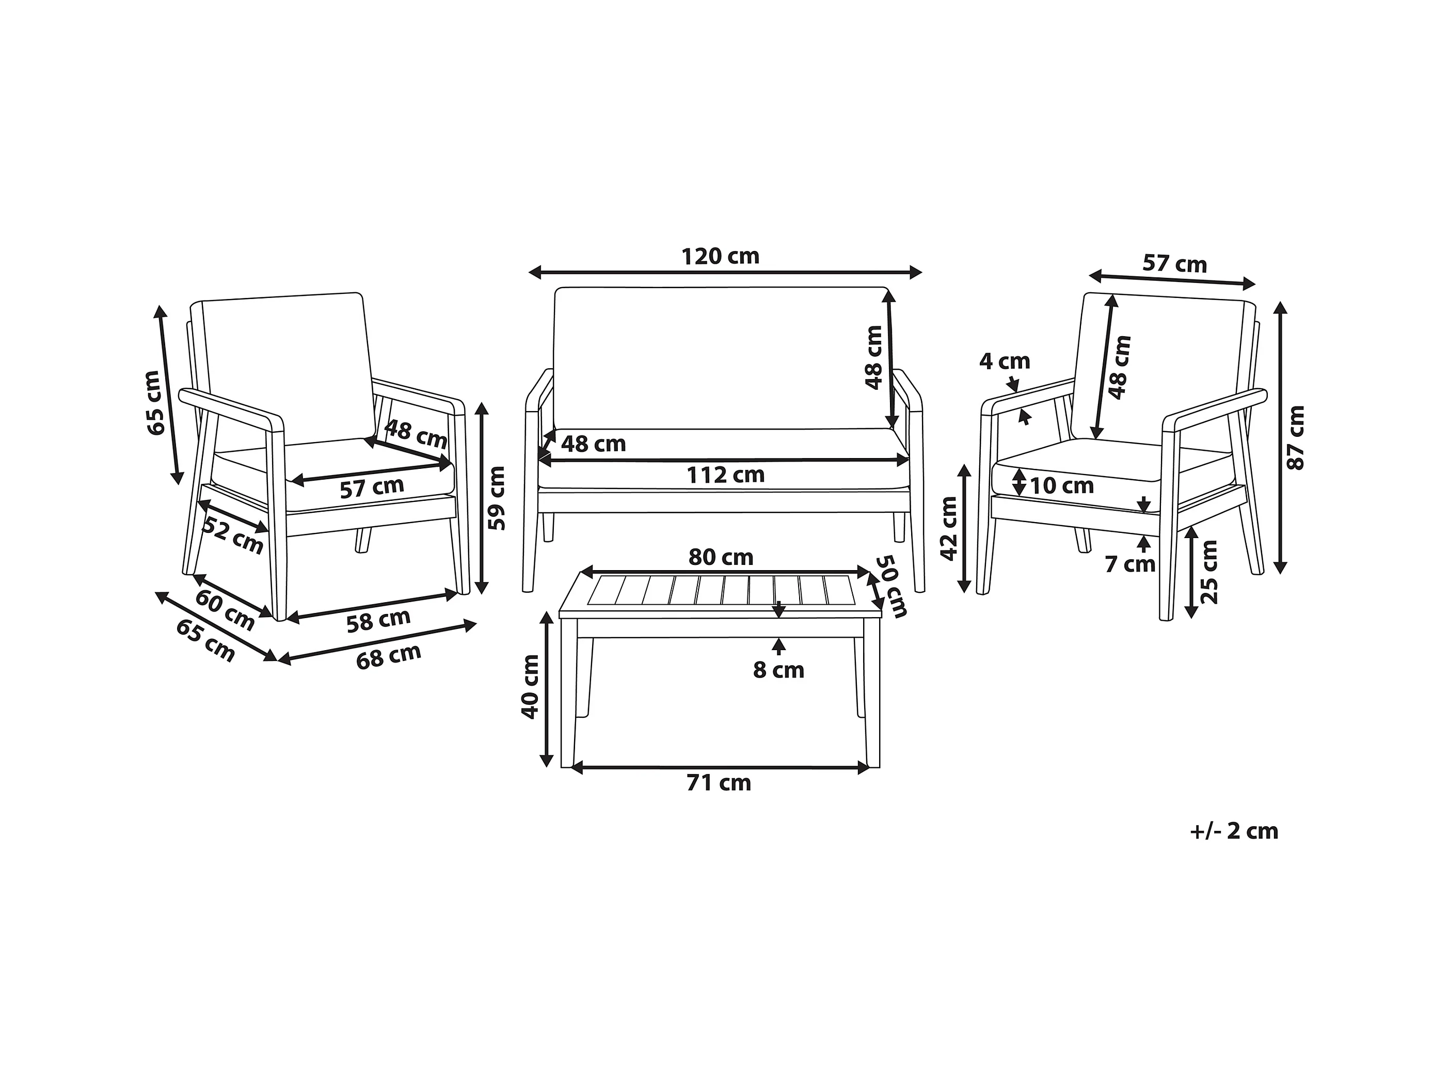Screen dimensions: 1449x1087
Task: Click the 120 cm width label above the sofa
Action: pos(720,256)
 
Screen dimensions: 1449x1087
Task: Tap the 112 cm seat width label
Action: pos(725,475)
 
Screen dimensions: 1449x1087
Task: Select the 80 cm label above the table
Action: pos(721,557)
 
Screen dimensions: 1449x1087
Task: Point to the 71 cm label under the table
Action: pos(719,783)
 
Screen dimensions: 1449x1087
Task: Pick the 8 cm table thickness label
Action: pos(778,670)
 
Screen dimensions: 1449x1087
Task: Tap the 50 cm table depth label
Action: pos(892,587)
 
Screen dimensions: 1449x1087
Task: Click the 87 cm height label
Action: pos(1296,438)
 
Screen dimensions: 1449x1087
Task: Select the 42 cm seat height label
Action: pos(948,528)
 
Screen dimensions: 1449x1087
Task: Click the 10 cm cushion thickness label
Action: pos(1062,485)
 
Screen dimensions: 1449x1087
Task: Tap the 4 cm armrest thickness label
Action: pos(1004,361)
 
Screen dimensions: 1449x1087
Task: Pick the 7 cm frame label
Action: pos(1130,564)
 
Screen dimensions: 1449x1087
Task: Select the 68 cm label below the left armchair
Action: pos(389,656)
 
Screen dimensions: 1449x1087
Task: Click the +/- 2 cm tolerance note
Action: pos(1234,831)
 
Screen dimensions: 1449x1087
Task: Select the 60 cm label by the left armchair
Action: pos(225,610)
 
